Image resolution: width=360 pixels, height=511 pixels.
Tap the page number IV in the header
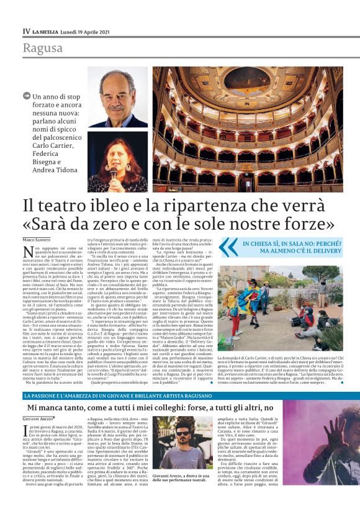[26, 30]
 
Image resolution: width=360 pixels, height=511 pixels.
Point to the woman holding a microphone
[115, 161]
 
